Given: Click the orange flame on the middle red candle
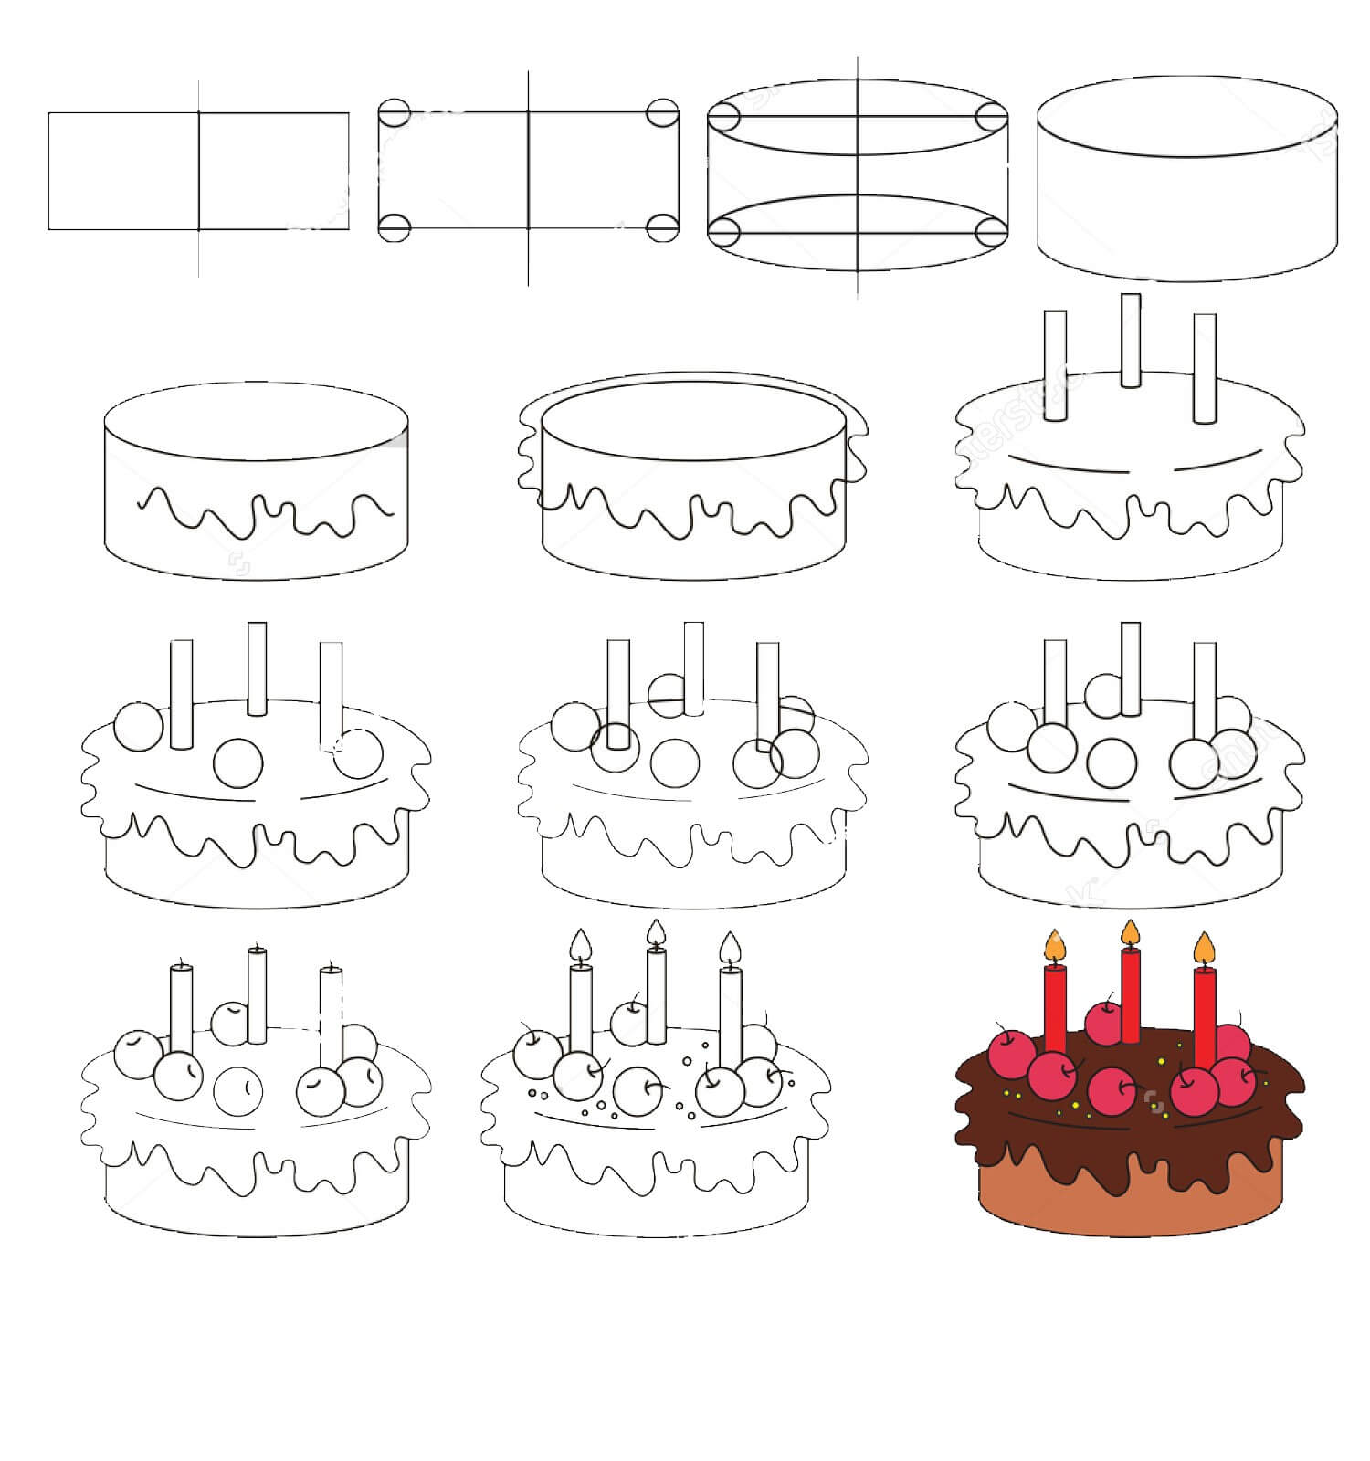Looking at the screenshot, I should pos(1131,932).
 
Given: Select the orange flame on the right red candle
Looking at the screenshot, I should pos(1205,948).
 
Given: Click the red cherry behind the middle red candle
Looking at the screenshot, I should pos(1104,1023).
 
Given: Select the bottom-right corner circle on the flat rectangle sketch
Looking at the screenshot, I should pos(663,227).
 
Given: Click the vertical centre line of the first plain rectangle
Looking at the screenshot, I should pos(199,173).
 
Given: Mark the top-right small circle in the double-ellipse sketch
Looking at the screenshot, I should pos(990,116).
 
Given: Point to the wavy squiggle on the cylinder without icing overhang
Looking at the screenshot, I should pos(265,513).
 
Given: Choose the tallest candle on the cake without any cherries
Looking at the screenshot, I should pos(1131,340).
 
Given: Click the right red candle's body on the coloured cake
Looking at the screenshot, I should pos(1205,1014).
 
